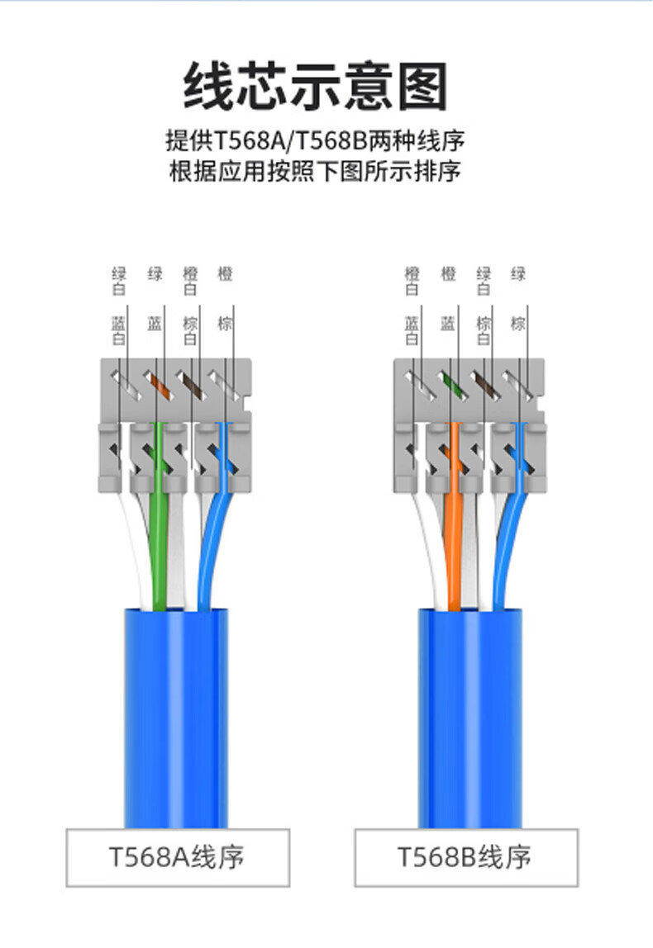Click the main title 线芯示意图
[x=315, y=86]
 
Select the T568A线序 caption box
[x=178, y=857]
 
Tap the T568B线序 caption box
[x=466, y=857]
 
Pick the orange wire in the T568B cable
[x=454, y=537]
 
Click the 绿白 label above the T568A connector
[x=120, y=281]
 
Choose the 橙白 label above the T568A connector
[x=190, y=281]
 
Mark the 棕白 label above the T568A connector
[x=190, y=330]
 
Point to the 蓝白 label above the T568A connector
[x=120, y=330]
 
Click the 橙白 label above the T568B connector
[x=412, y=281]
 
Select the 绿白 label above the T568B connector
[x=484, y=281]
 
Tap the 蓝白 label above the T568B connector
[x=412, y=330]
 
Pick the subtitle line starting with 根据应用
[x=315, y=172]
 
